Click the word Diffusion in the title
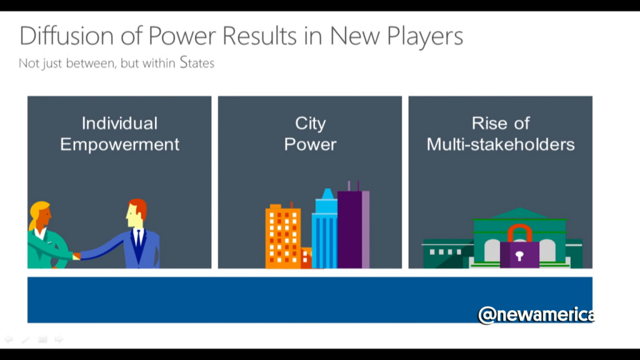67,36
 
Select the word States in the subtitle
197,62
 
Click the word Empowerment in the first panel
119,145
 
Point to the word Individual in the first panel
119,123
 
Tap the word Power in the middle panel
310,144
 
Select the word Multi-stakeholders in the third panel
501,144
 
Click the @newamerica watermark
536,315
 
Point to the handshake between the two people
77,256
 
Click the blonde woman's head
41,215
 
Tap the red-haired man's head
136,212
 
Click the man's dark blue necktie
139,246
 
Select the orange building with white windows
283,237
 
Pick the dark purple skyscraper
350,229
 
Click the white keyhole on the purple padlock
519,256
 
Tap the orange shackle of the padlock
519,233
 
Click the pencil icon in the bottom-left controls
26,339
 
